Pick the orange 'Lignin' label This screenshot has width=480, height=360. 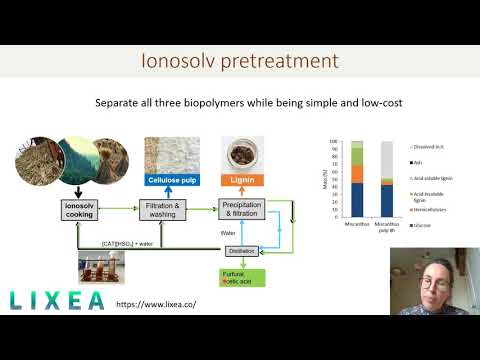246,181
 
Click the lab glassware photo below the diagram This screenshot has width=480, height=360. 107,267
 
